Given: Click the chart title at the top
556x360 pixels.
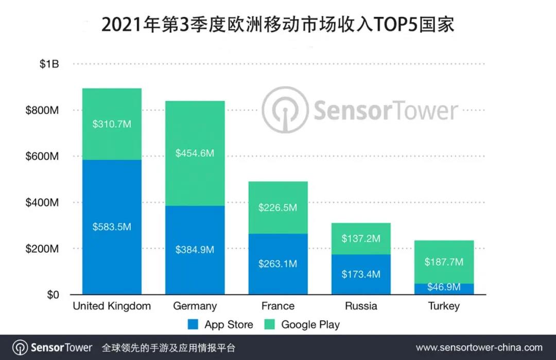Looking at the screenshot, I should tap(278, 24).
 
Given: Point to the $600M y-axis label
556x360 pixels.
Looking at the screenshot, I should tap(42, 157).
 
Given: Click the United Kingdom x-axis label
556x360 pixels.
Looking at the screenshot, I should tap(112, 306).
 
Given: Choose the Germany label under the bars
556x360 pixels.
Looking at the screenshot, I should tap(195, 306).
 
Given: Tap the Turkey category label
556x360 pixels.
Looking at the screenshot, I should tap(443, 306).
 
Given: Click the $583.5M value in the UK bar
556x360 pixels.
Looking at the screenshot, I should tap(112, 227).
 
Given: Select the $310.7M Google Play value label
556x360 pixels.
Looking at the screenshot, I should tap(112, 124).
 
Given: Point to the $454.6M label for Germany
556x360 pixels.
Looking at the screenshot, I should tap(195, 153).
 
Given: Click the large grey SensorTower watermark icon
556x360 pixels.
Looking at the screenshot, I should tap(285, 110).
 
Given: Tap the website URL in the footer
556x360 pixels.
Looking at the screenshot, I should tap(479, 347).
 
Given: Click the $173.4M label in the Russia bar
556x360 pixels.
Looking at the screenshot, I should tap(361, 274).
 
